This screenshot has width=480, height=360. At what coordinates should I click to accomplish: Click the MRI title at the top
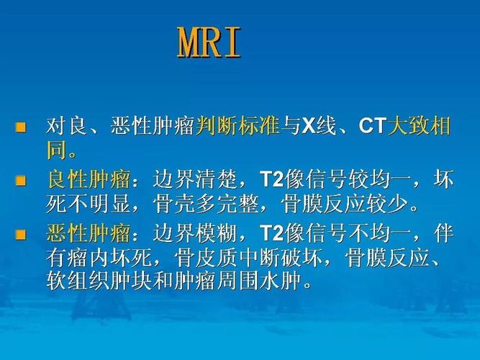point(209,45)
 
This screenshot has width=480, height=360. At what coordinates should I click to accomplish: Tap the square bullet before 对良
point(21,128)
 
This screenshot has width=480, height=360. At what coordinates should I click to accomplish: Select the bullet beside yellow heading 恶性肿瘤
point(21,234)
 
